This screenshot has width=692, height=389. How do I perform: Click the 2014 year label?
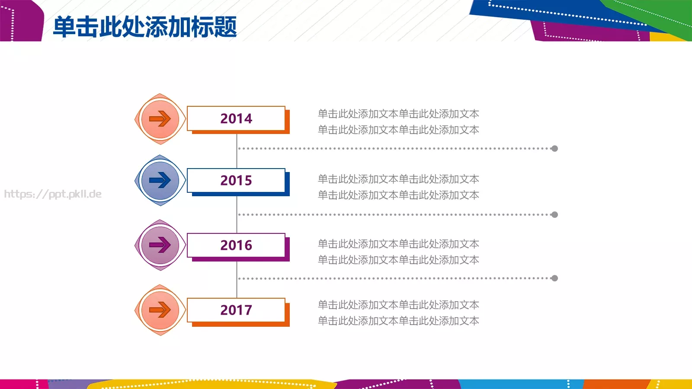(236, 118)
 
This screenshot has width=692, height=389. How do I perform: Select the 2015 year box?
(236, 180)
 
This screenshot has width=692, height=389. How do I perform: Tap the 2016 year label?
(236, 245)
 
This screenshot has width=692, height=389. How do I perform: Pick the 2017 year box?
(236, 310)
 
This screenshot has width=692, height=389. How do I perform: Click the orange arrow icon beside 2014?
(160, 119)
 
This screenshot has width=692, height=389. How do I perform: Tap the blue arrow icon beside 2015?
(160, 180)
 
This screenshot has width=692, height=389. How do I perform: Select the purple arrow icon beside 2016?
(160, 245)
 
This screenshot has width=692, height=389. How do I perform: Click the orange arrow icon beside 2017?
(160, 310)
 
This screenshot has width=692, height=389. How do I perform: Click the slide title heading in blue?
(145, 27)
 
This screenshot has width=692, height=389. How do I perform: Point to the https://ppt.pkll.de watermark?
(53, 194)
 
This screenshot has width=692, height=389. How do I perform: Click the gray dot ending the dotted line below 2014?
(554, 149)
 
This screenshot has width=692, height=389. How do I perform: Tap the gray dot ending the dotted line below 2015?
(554, 215)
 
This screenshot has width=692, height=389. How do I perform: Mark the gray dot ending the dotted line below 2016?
(554, 278)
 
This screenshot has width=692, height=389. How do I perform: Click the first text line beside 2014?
(398, 114)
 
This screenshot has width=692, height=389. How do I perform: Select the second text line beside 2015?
(398, 195)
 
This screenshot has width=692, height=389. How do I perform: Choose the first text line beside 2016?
(398, 244)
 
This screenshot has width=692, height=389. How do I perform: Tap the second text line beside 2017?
(398, 321)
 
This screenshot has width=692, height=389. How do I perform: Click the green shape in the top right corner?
(662, 15)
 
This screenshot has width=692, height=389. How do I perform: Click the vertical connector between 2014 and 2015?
(237, 151)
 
